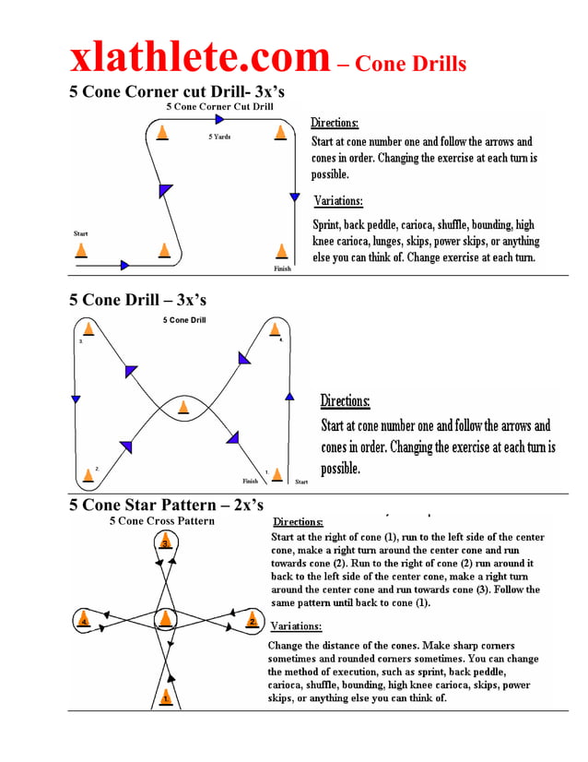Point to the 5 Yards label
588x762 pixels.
tap(219, 137)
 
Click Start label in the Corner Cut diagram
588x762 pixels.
tap(80, 233)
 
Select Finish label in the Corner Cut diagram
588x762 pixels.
tap(282, 268)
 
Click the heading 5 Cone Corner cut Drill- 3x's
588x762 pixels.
tap(177, 91)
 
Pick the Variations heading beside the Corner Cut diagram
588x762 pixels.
tap(338, 201)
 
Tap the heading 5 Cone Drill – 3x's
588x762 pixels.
tap(137, 300)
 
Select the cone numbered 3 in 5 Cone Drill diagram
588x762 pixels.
tap(88, 328)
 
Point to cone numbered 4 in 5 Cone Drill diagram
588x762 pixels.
tap(274, 328)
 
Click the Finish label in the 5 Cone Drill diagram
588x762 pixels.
tap(250, 481)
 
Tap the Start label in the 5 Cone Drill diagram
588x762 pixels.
tap(301, 482)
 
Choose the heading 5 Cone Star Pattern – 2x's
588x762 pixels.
tap(166, 505)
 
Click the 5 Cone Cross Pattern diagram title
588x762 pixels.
tap(161, 521)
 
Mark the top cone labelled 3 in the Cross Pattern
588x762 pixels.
tap(164, 543)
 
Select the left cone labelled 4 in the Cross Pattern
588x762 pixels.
tap(84, 621)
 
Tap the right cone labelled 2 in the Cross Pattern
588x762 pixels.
tap(251, 621)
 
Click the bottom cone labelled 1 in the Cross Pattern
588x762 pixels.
tap(165, 697)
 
